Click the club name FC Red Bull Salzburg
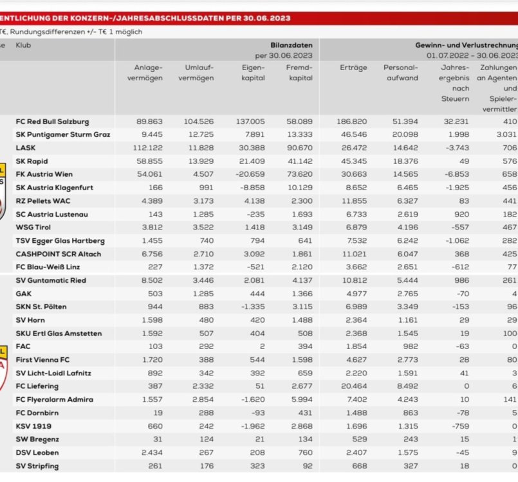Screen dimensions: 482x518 coord(52,121)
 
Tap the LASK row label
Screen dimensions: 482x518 coord(25,148)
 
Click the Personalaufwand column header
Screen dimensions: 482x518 coord(400,73)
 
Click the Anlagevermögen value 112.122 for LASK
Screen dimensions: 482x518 coord(149,148)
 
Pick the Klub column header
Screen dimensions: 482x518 coord(23,46)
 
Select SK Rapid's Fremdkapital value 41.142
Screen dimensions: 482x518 coord(299,161)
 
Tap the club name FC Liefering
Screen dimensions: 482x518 coord(37,386)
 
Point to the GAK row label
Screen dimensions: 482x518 coord(23,294)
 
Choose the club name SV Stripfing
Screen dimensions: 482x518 coord(38,466)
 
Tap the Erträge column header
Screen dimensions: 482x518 coord(353,67)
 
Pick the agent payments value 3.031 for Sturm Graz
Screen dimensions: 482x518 coord(506,134)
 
